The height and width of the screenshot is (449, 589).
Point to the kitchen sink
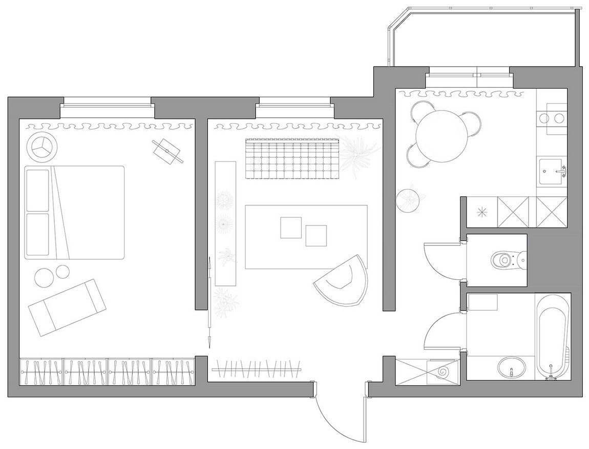552,171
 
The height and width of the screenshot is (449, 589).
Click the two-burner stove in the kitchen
551,118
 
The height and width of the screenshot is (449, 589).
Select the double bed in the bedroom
75,212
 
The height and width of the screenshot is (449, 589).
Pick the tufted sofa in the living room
291,159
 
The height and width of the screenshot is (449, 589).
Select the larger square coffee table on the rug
291,228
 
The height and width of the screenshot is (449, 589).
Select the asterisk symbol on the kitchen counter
481,211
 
